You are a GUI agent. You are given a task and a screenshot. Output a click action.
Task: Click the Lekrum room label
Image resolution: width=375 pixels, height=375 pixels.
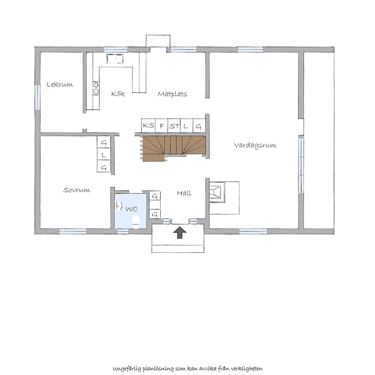tap(59, 84)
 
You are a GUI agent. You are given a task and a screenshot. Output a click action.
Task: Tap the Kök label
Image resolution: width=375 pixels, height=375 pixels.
tap(118, 93)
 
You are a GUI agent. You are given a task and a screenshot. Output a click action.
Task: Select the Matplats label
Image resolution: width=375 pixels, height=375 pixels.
tap(172, 94)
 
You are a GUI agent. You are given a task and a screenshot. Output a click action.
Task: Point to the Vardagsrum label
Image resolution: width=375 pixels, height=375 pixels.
tap(255, 145)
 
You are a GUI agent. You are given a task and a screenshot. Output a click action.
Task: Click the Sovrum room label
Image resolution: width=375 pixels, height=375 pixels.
tap(77, 190)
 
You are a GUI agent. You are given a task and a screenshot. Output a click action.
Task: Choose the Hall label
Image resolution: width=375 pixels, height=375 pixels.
tap(184, 193)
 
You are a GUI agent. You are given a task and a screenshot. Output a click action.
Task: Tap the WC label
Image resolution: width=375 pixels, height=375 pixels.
tap(132, 209)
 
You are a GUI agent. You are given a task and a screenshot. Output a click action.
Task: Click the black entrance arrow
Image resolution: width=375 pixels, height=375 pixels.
tap(180, 232)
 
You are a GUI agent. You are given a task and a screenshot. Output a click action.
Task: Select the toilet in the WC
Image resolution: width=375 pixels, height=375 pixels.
tap(136, 222)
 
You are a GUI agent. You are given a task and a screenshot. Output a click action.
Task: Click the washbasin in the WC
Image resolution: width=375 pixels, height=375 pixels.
tap(118, 206)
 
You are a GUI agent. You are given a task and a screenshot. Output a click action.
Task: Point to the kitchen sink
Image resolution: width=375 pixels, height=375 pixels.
tap(115, 59)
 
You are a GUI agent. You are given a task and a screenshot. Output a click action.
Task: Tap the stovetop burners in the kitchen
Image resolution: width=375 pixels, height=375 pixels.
tap(96, 88)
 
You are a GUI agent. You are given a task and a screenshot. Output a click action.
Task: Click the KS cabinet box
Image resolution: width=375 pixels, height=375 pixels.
tap(148, 125)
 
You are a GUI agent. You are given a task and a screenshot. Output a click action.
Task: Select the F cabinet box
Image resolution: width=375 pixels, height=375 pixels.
tap(162, 125)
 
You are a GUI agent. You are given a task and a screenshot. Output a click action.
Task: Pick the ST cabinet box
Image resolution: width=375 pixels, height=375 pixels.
tap(174, 125)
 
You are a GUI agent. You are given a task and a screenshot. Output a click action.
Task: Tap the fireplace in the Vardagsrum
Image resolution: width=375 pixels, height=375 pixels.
tap(217, 192)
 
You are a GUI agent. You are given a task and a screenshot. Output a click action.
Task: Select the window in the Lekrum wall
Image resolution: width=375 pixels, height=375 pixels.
tap(37, 97)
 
